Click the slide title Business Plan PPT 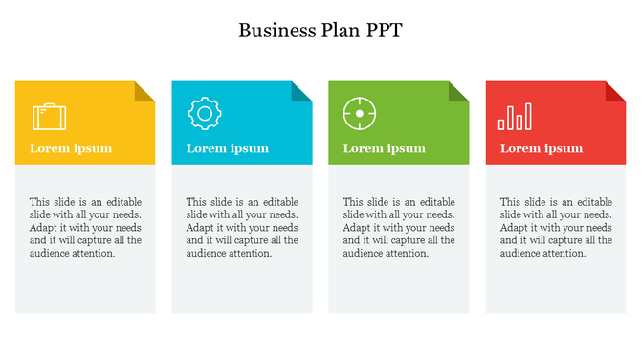320,31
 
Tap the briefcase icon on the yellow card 50,117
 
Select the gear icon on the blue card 205,113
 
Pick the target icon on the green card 360,114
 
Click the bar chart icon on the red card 515,117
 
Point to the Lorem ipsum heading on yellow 71,148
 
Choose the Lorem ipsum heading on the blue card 228,148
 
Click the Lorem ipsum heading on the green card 385,148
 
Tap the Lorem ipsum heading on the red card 542,148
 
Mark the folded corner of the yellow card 144,91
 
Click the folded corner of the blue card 300,91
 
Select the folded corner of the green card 457,91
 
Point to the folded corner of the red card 614,91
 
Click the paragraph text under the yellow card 85,228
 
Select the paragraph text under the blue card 242,228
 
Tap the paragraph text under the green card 399,228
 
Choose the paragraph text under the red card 556,228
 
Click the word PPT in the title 383,31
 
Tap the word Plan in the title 340,31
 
